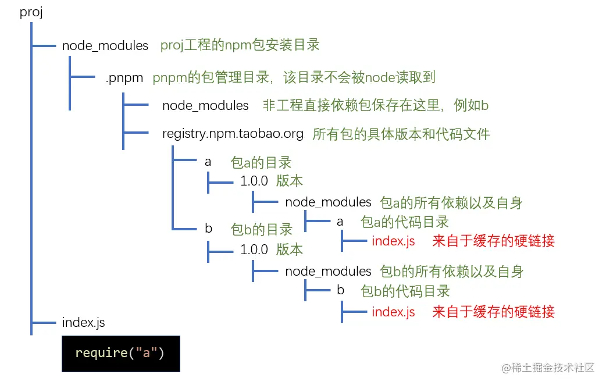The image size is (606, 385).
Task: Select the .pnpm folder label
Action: click(x=124, y=78)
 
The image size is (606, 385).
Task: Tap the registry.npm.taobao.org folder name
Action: click(x=233, y=134)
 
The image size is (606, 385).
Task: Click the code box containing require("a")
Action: click(x=120, y=353)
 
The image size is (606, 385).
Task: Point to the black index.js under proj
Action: click(x=83, y=322)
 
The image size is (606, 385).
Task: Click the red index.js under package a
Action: click(x=393, y=241)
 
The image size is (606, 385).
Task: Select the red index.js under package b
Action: click(x=393, y=312)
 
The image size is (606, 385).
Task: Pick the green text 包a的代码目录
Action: click(x=405, y=222)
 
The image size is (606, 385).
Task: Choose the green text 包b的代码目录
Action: click(x=405, y=290)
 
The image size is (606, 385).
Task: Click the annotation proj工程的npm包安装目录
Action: click(x=240, y=45)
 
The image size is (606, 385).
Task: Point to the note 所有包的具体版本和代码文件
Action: click(x=401, y=134)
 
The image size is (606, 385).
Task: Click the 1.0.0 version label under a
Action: click(x=254, y=181)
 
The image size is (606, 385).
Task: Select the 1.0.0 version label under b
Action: click(x=254, y=250)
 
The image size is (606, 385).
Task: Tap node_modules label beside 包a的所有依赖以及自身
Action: click(x=328, y=202)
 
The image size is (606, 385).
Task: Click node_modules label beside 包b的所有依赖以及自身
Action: click(x=328, y=271)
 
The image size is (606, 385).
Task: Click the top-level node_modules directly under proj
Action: click(x=105, y=45)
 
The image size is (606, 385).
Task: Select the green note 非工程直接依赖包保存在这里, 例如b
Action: click(x=375, y=105)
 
